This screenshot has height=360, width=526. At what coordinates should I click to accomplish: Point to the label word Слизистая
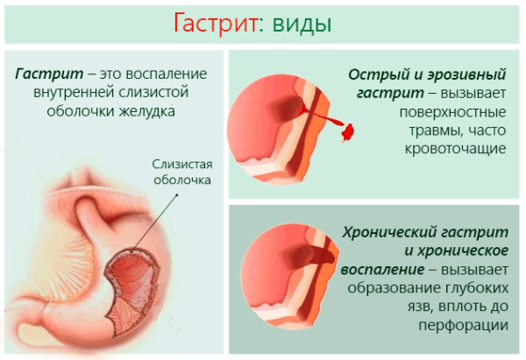[x=182, y=164]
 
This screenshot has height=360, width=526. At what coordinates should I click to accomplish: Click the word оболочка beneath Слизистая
[x=182, y=180]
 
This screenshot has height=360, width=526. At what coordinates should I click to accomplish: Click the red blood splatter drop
[x=345, y=131]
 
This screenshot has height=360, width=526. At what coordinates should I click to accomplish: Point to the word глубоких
[x=477, y=286]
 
